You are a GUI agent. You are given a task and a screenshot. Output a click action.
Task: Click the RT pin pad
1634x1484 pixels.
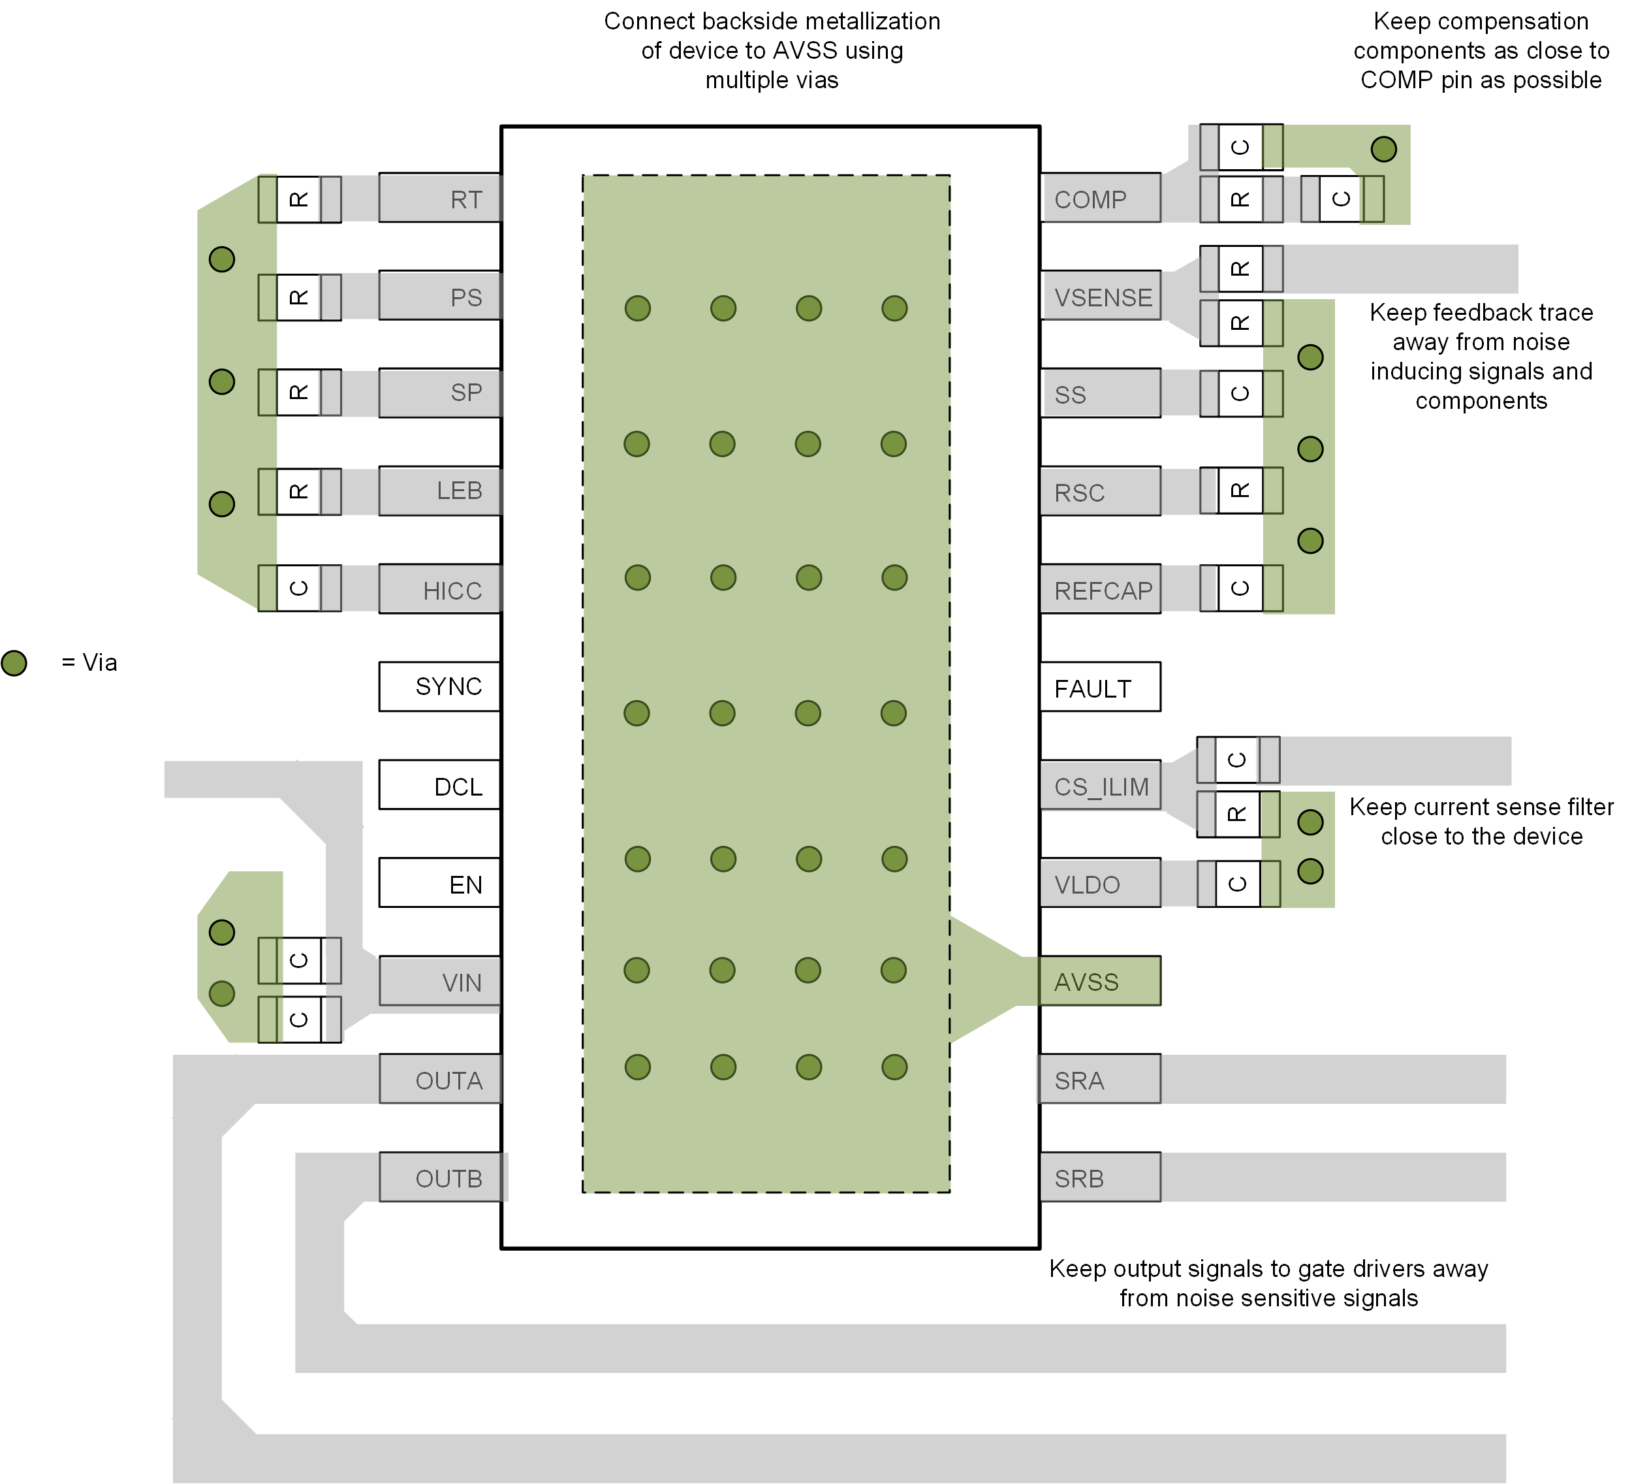point(440,198)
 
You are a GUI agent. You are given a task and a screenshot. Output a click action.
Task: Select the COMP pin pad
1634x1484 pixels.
point(1100,198)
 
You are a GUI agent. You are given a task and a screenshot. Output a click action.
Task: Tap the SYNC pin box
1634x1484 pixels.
point(440,687)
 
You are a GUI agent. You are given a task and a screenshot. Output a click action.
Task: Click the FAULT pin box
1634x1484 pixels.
point(1100,688)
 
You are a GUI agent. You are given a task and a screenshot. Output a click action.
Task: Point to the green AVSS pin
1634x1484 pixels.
point(1100,981)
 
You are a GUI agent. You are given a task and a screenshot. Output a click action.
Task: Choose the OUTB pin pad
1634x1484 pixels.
point(440,1178)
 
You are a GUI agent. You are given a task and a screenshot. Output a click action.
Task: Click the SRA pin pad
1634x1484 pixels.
point(1100,1079)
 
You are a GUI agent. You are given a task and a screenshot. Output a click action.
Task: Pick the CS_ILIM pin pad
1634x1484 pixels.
point(1100,786)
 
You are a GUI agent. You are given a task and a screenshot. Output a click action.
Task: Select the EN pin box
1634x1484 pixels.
point(440,883)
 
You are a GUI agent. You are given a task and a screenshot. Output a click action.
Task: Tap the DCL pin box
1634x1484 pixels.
point(440,785)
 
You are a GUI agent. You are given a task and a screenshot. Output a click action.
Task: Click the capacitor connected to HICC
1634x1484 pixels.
point(299,589)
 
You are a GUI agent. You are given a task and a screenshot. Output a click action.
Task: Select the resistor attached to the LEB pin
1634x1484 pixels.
point(299,491)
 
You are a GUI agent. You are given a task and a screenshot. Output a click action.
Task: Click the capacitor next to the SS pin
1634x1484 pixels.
point(1240,394)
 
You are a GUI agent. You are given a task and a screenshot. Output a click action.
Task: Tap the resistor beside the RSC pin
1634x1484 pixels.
point(1240,491)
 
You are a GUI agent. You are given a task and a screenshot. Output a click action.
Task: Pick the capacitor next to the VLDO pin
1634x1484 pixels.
point(1238,884)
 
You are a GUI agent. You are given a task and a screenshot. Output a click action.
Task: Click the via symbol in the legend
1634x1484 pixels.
point(14,664)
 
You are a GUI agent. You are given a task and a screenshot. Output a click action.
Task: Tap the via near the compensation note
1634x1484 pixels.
point(1383,149)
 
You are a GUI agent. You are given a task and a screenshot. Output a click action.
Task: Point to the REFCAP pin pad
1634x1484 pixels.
point(1100,590)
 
